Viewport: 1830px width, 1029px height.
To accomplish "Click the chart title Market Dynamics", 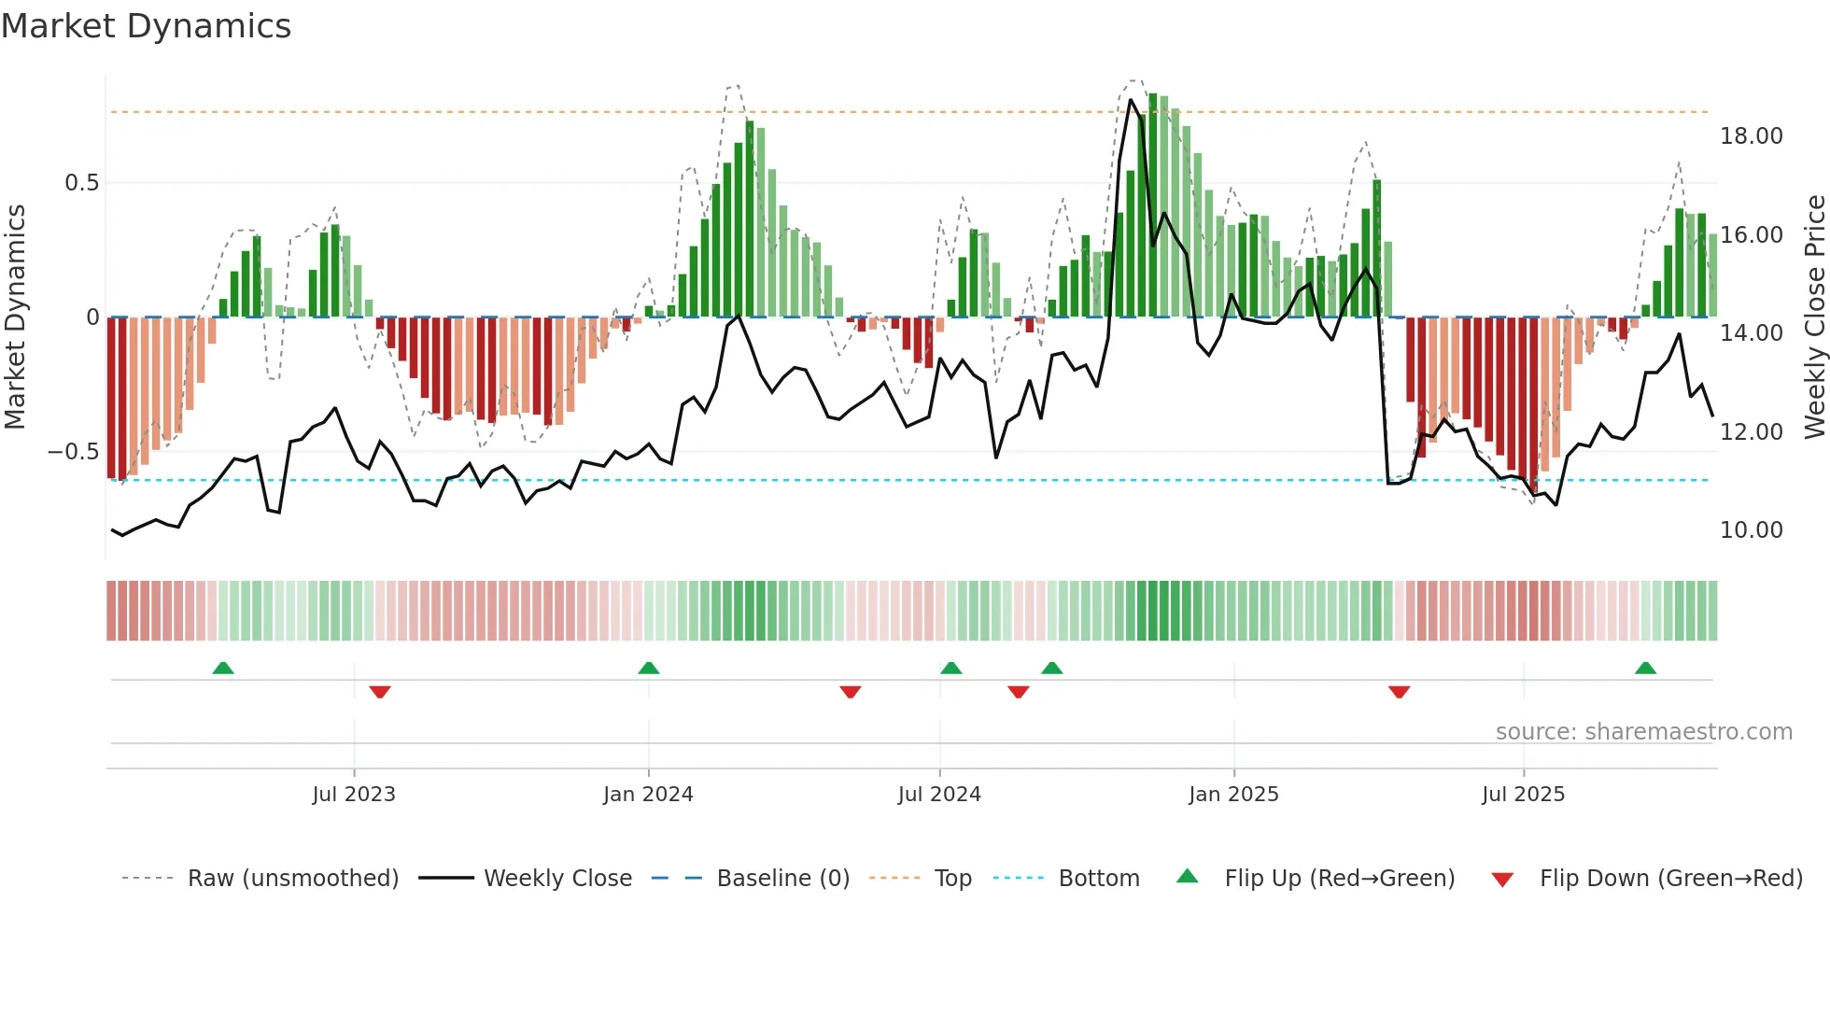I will pyautogui.click(x=146, y=26).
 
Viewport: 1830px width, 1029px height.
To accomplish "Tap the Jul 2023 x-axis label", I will pyautogui.click(x=354, y=795).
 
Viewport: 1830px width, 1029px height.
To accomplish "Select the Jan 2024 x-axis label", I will pyautogui.click(x=648, y=795).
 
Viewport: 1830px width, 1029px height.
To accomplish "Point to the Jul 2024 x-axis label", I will pyautogui.click(x=939, y=795).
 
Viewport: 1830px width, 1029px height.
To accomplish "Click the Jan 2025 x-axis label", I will pyautogui.click(x=1233, y=795).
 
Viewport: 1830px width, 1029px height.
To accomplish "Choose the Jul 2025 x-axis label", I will pyautogui.click(x=1523, y=795).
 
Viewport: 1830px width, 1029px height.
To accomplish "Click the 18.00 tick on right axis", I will pyautogui.click(x=1751, y=136).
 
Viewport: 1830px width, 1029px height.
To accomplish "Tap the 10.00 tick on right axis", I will pyautogui.click(x=1751, y=530).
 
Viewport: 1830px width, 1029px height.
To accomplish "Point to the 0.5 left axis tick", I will pyautogui.click(x=82, y=183).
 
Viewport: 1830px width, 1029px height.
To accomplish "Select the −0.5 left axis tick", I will pyautogui.click(x=74, y=452).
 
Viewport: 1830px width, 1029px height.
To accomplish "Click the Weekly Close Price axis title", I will pyautogui.click(x=1814, y=317).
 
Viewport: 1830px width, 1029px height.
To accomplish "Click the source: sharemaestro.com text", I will pyautogui.click(x=1643, y=732).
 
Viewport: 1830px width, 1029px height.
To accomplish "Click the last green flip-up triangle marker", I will pyautogui.click(x=1645, y=669).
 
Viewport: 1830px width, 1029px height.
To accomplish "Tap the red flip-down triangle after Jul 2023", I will pyautogui.click(x=379, y=692).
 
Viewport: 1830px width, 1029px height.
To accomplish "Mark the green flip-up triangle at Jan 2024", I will pyautogui.click(x=648, y=669).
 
